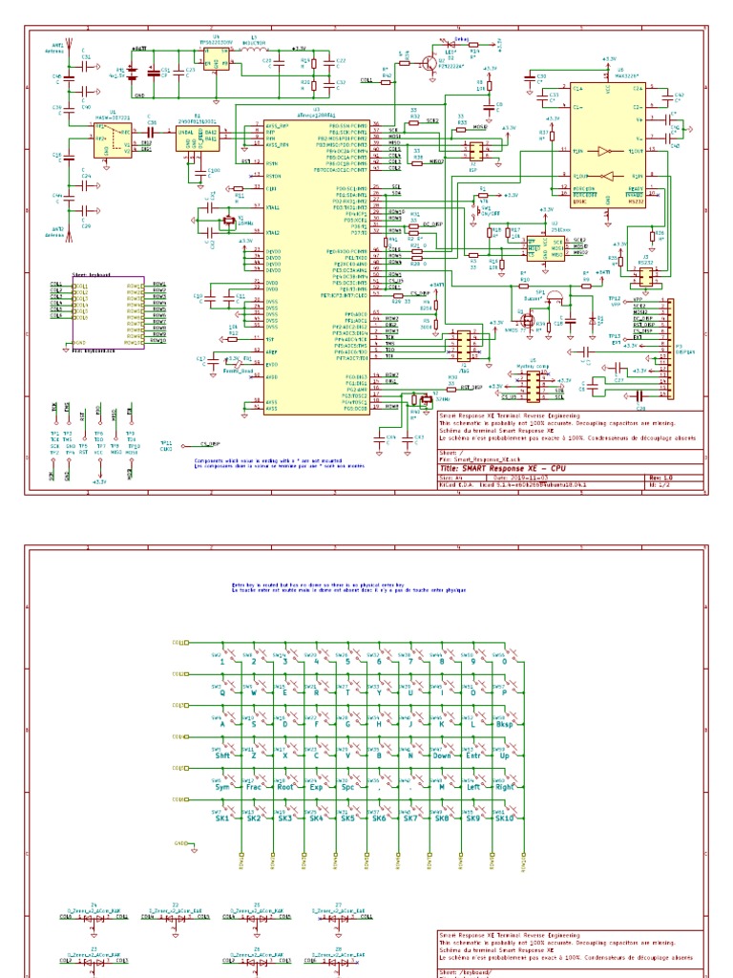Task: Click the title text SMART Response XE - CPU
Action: [x=515, y=470]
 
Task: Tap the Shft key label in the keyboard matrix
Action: [x=223, y=755]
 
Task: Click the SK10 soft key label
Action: [x=503, y=819]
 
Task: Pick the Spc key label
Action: [x=347, y=788]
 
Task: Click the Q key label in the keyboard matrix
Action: [x=222, y=693]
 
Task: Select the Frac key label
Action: [x=254, y=788]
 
